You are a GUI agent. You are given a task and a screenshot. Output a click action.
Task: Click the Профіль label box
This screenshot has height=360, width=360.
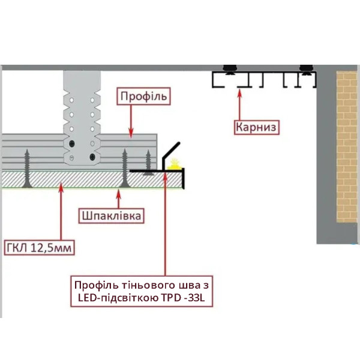143,96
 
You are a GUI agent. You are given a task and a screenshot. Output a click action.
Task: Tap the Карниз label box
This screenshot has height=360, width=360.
256,127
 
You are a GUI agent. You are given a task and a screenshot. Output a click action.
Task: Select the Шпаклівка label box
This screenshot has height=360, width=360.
111,216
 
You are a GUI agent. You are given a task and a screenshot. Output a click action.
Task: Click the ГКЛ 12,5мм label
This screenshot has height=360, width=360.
39,248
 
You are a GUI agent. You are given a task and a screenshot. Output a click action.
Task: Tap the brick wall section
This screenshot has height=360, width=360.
347,146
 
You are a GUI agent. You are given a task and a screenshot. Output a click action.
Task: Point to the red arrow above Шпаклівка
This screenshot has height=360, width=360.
118,199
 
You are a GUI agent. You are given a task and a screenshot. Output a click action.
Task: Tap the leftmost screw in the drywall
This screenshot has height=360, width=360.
27,169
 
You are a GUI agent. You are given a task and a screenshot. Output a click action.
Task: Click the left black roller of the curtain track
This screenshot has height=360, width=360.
230,70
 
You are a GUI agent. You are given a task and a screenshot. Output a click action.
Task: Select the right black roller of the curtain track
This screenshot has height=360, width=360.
306,70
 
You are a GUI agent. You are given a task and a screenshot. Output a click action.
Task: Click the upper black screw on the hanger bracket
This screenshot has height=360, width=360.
72,144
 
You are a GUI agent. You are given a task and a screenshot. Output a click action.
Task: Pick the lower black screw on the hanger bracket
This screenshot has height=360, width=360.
92,157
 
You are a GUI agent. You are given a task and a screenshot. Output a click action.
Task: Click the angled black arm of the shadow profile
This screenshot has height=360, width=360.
171,151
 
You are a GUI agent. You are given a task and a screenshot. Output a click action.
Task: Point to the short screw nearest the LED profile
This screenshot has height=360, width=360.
148,163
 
